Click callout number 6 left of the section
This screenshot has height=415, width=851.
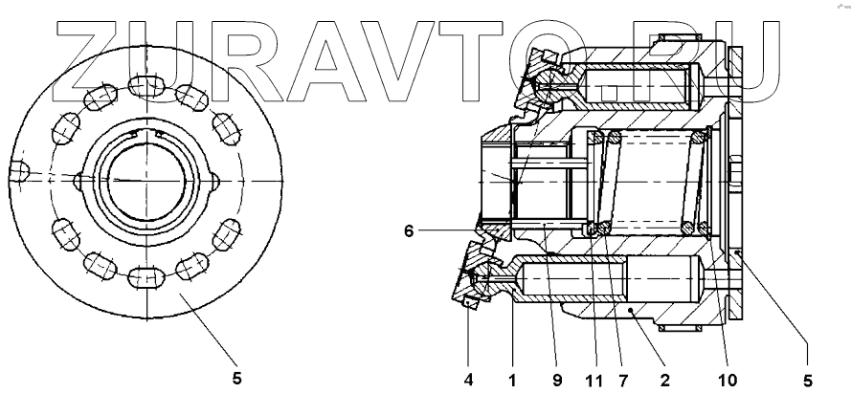(409, 230)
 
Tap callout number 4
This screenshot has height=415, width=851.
(468, 379)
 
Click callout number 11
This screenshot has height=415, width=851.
(594, 379)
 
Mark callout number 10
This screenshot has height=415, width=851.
(728, 379)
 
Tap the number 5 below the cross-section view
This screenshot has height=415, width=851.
(807, 379)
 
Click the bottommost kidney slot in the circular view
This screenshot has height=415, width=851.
(147, 277)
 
